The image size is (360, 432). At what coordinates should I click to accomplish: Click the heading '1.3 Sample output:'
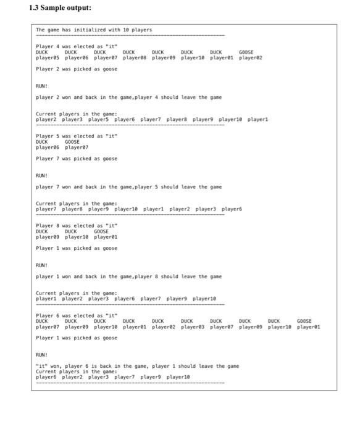click(x=60, y=8)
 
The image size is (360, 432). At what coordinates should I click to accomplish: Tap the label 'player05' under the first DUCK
click(x=48, y=57)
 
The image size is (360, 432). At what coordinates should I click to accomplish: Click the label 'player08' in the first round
click(x=135, y=57)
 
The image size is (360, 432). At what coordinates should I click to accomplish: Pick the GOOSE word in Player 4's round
click(x=246, y=52)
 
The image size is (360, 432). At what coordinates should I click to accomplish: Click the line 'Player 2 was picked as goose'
click(x=77, y=69)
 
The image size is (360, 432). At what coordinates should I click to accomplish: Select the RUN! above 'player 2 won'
click(x=42, y=86)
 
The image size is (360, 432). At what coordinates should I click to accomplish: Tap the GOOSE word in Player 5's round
click(x=72, y=142)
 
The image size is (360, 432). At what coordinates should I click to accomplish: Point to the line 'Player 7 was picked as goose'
click(x=77, y=159)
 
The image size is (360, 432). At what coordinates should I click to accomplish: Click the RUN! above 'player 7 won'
click(x=42, y=175)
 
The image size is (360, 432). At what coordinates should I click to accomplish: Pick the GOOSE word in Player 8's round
click(x=101, y=231)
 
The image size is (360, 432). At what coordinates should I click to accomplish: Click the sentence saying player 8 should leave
click(x=128, y=276)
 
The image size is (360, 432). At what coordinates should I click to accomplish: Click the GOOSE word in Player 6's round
click(x=304, y=321)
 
